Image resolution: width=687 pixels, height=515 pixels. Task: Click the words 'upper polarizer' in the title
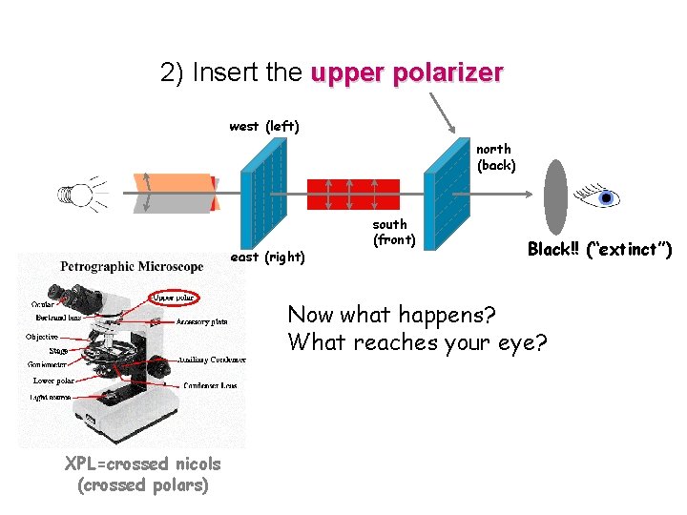click(x=406, y=73)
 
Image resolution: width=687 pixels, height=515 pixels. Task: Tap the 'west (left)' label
click(x=264, y=126)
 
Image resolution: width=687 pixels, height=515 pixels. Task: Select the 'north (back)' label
click(x=495, y=157)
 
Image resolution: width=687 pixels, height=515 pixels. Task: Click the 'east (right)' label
click(x=269, y=257)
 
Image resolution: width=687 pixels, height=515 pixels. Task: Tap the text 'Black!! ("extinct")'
click(x=599, y=250)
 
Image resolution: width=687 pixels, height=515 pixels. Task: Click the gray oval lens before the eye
click(x=555, y=197)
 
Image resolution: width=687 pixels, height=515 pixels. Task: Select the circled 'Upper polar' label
click(x=175, y=298)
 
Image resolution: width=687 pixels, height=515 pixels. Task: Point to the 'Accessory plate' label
click(x=202, y=321)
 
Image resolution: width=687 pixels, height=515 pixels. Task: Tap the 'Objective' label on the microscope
click(x=42, y=337)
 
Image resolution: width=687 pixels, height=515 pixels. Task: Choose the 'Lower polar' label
click(x=52, y=381)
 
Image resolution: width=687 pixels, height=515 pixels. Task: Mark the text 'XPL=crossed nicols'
click(x=142, y=464)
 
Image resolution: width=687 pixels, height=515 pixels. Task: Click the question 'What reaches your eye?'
click(x=418, y=341)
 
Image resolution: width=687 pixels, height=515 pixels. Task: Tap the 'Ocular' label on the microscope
click(x=42, y=304)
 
